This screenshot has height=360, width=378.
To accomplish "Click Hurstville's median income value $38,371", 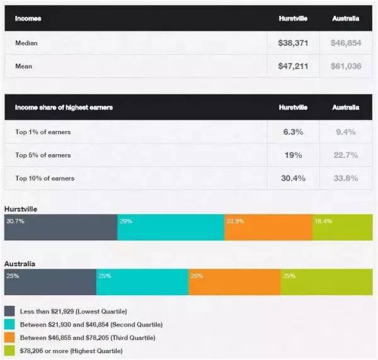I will [293, 44].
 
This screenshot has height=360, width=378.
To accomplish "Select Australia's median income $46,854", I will [346, 44].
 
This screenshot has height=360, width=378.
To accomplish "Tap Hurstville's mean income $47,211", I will [293, 65].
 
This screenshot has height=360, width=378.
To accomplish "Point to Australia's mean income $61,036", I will [346, 65].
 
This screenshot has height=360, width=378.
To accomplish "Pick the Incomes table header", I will [29, 19].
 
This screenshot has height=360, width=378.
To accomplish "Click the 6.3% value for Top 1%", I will [293, 132].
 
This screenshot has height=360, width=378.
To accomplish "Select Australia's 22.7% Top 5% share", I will [346, 155].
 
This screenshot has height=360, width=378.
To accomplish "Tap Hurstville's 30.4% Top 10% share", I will [293, 178].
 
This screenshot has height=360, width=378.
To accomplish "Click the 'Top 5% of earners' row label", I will [43, 155].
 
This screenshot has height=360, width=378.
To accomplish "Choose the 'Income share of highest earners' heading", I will [64, 108].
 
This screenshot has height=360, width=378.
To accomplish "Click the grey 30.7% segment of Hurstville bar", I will [60, 228].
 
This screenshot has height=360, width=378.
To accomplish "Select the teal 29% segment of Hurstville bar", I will [171, 228].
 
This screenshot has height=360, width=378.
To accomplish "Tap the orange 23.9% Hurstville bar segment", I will [268, 228].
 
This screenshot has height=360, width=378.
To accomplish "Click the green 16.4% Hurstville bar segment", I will [342, 228].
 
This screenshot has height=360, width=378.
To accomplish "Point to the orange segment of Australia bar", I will [234, 283].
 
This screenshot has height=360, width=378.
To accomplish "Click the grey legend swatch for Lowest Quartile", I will [10, 311].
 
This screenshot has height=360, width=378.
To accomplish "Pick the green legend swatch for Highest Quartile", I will [10, 350].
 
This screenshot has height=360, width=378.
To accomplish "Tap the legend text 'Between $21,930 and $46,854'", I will [91, 324].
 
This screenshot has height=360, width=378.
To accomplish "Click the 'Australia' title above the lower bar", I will [20, 263].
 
